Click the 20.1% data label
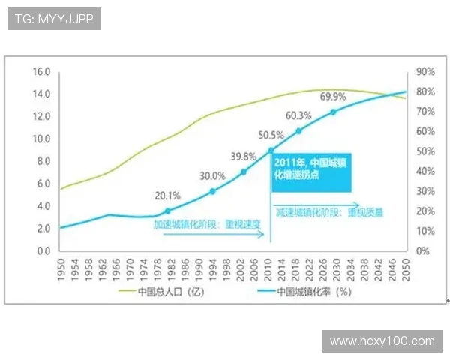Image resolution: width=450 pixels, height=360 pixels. pyautogui.click(x=167, y=196)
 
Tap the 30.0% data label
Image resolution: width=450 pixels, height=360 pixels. pyautogui.click(x=211, y=176)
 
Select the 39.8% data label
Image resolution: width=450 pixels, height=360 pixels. pyautogui.click(x=244, y=157)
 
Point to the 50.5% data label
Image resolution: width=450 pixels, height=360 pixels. pyautogui.click(x=271, y=136)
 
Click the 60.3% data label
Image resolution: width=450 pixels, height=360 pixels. pyautogui.click(x=298, y=116)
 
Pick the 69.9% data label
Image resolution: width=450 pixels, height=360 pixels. pyautogui.click(x=333, y=97)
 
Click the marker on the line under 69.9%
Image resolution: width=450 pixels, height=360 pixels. pyautogui.click(x=333, y=112)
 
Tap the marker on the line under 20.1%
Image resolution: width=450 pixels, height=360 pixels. pyautogui.click(x=167, y=211)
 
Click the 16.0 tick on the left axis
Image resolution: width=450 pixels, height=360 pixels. pyautogui.click(x=40, y=72)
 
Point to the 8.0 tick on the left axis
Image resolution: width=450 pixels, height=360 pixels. pyautogui.click(x=43, y=161)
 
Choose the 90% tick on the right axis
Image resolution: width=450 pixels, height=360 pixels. pyautogui.click(x=426, y=72)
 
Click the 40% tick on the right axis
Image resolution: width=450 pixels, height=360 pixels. pyautogui.click(x=426, y=171)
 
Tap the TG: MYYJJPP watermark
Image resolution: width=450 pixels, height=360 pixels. pyautogui.click(x=54, y=19)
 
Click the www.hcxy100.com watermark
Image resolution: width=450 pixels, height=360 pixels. pyautogui.click(x=382, y=341)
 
